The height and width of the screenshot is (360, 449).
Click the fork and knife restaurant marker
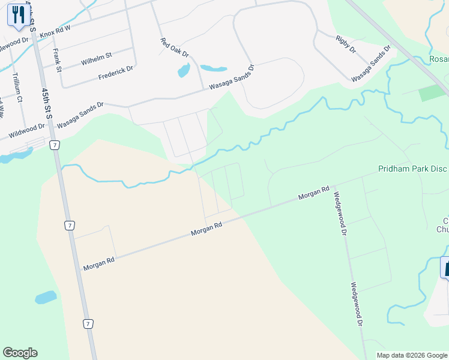coord(18,14)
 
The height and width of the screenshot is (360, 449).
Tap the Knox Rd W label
coord(55,32)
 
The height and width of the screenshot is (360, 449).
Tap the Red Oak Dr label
coord(175,49)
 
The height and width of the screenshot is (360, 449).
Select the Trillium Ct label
coord(17,88)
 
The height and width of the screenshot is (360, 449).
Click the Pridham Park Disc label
coord(413,169)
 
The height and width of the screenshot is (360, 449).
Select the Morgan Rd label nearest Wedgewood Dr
coord(314,193)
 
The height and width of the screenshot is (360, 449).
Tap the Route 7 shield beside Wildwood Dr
coord(55,145)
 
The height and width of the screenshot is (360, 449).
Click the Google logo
coord(20,353)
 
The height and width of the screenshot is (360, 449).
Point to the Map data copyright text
coord(411,355)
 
